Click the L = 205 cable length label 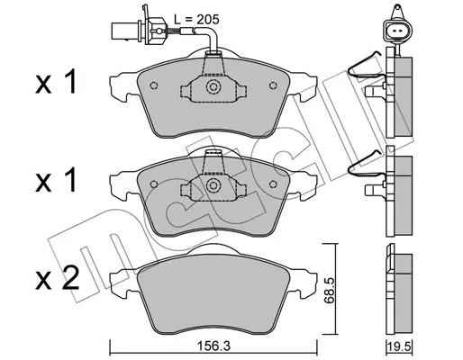tap(196, 20)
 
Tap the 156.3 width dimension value tap(213, 346)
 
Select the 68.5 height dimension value tap(330, 292)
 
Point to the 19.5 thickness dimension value tap(400, 346)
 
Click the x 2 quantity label tap(57, 278)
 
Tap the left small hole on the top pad tap(154, 85)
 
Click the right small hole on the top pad tap(273, 85)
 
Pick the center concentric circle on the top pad tap(213, 87)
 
